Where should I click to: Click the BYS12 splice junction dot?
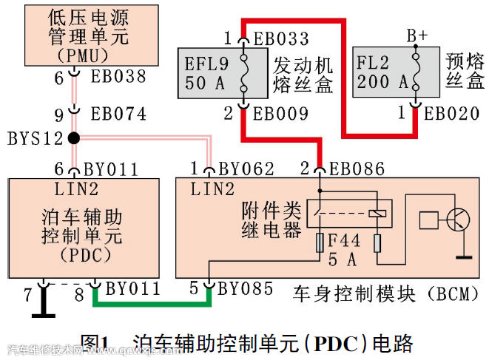tap(73, 137)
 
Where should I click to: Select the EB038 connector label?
tap(118, 76)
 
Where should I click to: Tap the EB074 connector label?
tap(118, 115)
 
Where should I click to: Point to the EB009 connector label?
tap(281, 115)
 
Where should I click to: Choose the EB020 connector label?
tap(453, 114)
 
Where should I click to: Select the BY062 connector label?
tap(246, 169)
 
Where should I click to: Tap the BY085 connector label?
tap(246, 288)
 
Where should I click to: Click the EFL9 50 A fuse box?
tap(215, 72)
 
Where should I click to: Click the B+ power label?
tap(416, 35)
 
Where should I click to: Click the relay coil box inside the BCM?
tap(377, 212)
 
